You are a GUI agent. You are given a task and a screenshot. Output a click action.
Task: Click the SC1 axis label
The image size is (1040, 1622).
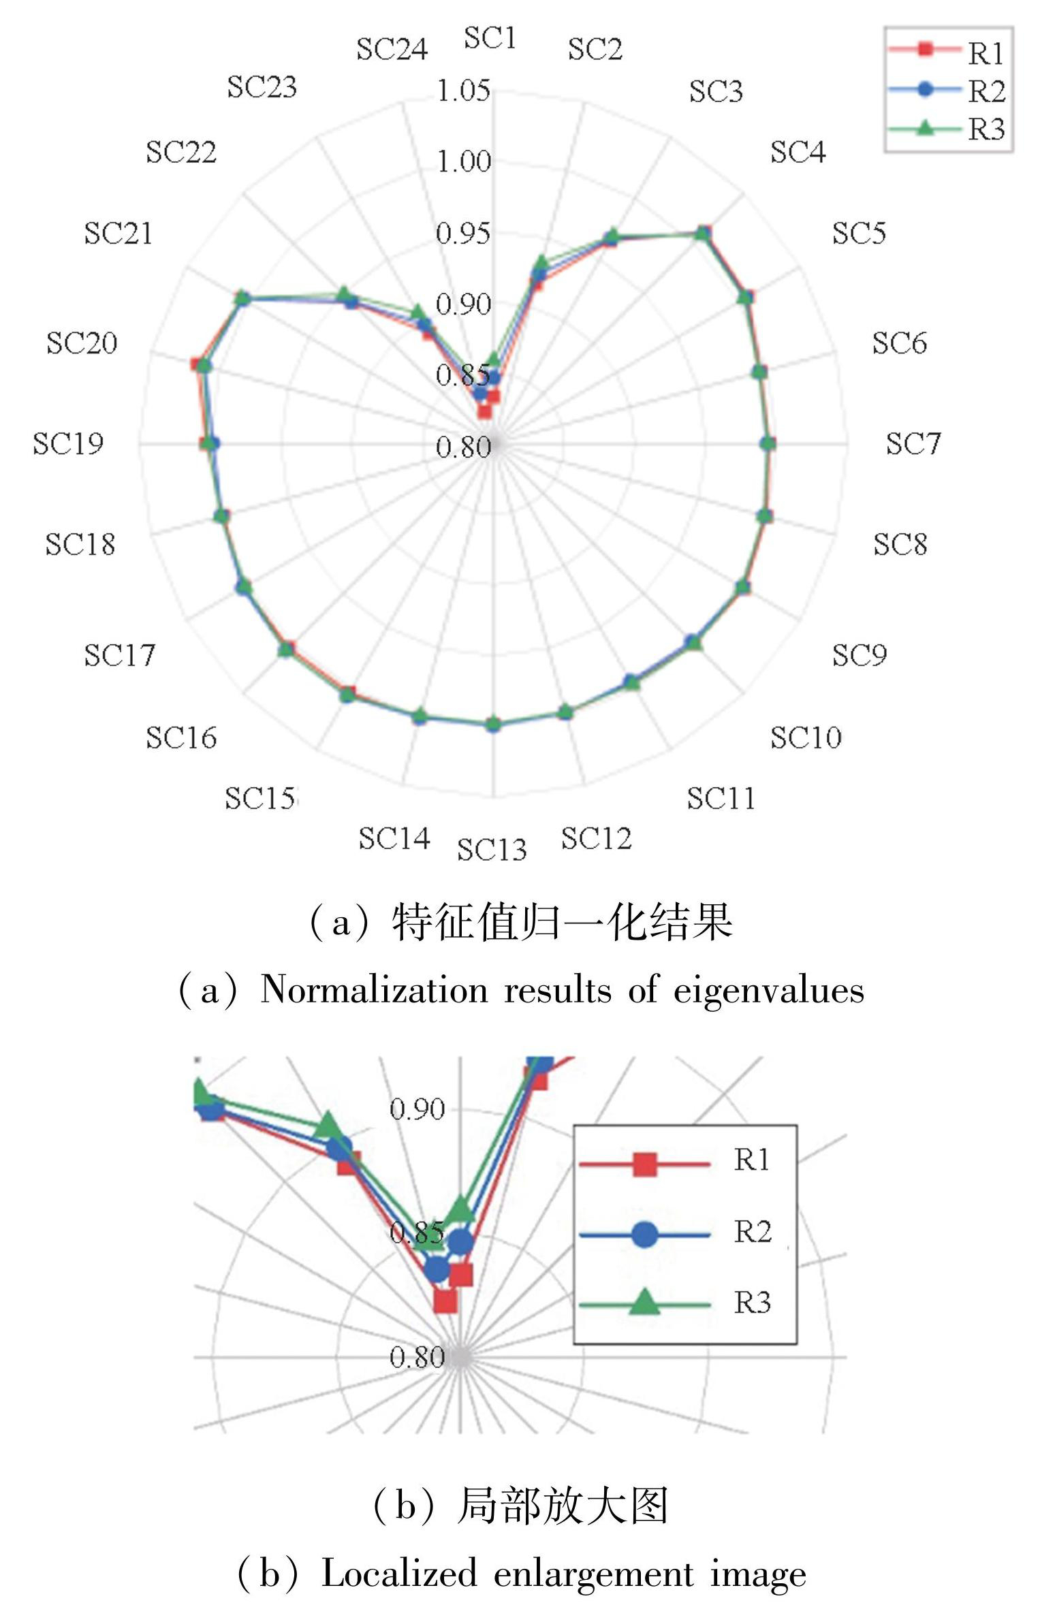coord(490,38)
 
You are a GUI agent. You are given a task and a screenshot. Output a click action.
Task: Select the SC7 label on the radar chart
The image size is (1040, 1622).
coord(913,444)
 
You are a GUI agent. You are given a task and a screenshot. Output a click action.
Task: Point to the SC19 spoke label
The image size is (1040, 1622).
coord(68,444)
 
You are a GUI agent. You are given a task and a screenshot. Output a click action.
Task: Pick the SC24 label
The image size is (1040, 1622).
coord(392,49)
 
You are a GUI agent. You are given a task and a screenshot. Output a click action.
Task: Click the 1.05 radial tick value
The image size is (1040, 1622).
coord(463,91)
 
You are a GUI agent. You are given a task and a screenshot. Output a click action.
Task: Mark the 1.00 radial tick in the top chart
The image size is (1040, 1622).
coord(463,162)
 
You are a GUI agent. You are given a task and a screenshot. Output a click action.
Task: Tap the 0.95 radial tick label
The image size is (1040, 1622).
coord(463,234)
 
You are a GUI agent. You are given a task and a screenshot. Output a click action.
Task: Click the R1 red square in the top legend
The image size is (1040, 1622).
coord(925,49)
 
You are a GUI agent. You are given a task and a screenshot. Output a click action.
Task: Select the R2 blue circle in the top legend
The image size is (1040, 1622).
coord(925,89)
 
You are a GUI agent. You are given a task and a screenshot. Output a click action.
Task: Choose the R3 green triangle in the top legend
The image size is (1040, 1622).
coord(925,127)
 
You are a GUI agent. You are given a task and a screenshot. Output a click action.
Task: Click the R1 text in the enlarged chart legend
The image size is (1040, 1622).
coord(751,1160)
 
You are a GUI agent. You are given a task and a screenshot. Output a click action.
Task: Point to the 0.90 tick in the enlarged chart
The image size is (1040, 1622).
coord(417,1109)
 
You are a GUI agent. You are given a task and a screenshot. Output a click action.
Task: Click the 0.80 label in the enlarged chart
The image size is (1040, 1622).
coord(417,1357)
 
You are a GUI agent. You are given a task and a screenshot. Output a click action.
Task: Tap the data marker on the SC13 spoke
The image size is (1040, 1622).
coord(493,725)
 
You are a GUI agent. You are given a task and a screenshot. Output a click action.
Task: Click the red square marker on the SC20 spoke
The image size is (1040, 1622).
coord(198,364)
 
